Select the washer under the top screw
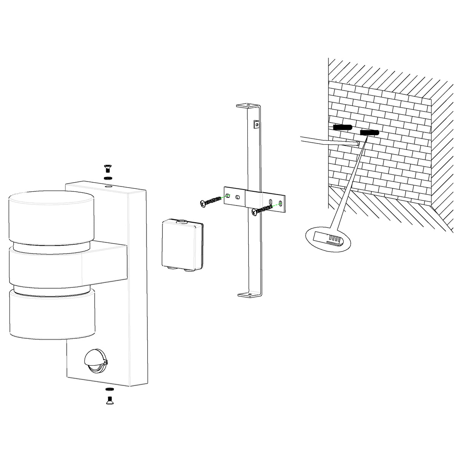point(107,178)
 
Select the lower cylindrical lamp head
point(51,314)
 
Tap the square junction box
point(180,243)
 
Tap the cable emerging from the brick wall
point(327,141)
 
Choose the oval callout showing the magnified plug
point(328,239)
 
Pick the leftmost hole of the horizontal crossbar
point(228,195)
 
